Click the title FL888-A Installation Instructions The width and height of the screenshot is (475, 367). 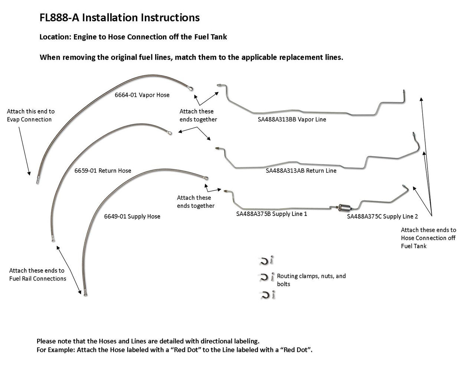pos(119,17)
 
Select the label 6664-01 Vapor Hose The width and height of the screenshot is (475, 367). pos(142,95)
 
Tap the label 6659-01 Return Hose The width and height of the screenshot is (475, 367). pos(103,171)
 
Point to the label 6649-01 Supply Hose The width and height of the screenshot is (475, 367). pos(132,216)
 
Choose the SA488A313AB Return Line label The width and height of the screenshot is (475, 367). pos(301,171)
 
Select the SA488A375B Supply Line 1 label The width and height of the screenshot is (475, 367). pos(272,214)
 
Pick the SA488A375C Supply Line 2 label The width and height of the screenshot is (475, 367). pos(382,216)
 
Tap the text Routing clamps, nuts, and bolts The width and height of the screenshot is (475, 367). pos(311,280)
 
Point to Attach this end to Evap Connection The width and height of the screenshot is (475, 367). pos(30,115)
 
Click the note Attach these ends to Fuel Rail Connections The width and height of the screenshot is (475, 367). pos(37,275)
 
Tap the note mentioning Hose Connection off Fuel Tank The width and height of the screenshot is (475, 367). pos(428,238)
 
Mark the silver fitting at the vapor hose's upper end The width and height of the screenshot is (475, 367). pos(191,88)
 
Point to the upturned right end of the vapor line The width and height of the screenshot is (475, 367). pos(404,95)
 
